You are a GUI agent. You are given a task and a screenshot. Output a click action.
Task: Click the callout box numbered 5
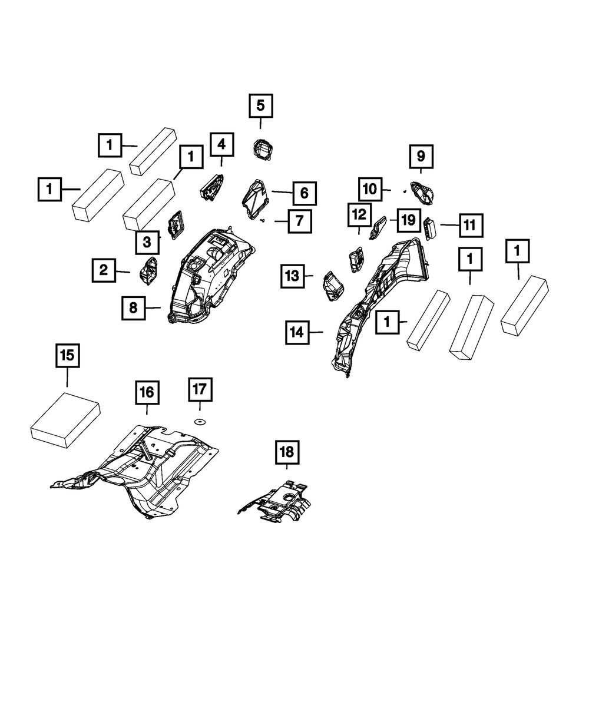(260, 107)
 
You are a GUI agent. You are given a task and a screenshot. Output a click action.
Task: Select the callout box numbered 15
(67, 356)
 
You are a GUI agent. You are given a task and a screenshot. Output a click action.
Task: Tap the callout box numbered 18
(286, 452)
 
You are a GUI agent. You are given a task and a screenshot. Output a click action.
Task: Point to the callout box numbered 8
(134, 307)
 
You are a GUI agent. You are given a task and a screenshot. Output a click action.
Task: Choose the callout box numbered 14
(297, 333)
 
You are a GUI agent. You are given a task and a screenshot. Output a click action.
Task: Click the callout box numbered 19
(406, 221)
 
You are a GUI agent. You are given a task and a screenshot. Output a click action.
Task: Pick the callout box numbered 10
(369, 189)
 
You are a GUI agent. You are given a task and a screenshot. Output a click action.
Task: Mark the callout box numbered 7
(299, 221)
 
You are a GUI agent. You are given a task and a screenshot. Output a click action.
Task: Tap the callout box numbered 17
(200, 389)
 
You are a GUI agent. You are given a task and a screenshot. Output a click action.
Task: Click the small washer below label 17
(199, 421)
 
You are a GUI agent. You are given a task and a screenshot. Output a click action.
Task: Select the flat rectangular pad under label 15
(65, 420)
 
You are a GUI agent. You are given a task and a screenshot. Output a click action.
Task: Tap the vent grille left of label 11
(429, 229)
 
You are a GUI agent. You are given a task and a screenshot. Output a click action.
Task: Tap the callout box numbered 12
(359, 215)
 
